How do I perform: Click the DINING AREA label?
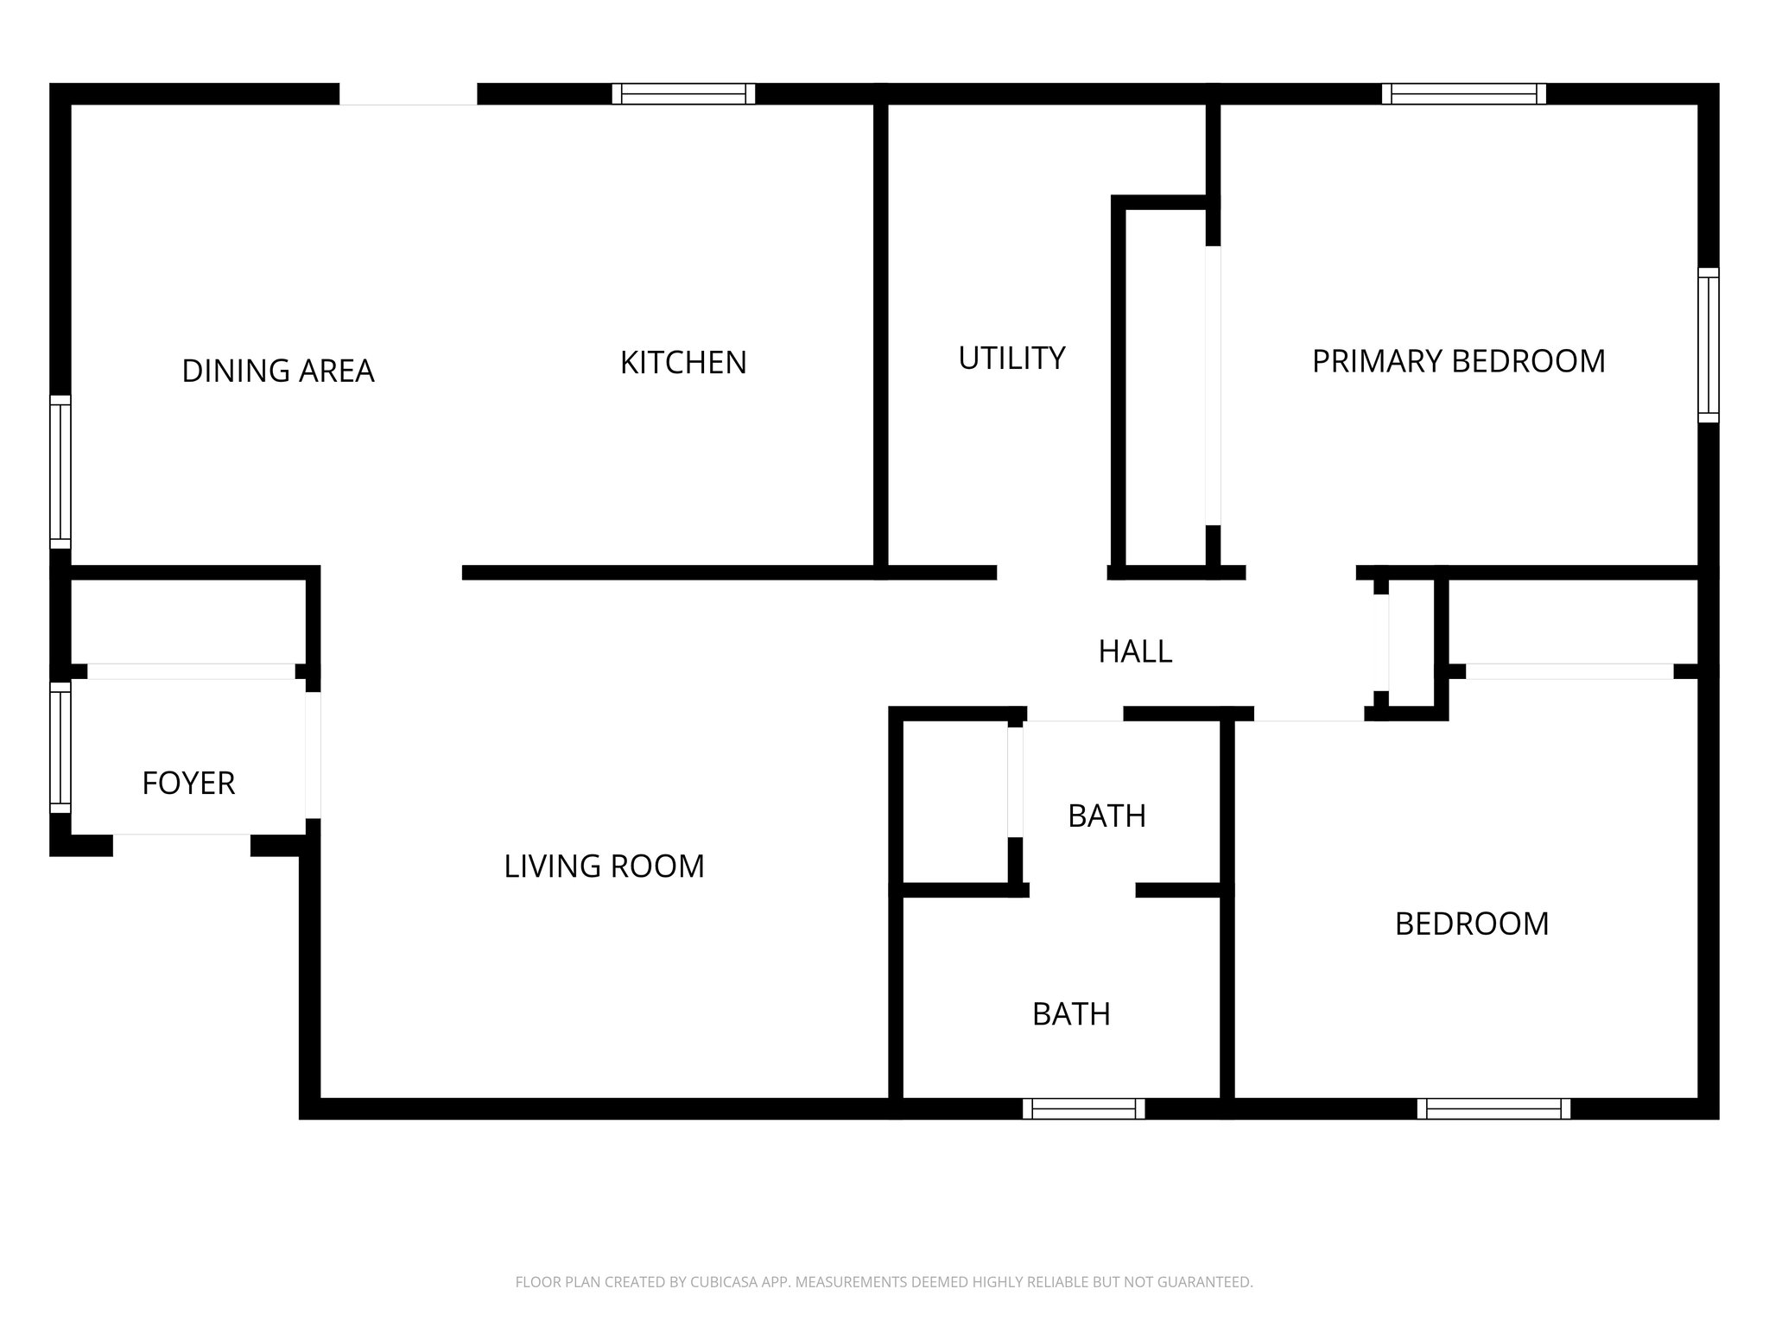(277, 371)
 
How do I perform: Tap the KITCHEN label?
(683, 362)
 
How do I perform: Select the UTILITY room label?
(1011, 358)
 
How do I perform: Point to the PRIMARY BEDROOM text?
(1458, 361)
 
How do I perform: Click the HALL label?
(1135, 651)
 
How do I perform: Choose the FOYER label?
(188, 783)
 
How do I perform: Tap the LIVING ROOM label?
(604, 866)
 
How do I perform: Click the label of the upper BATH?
(1106, 816)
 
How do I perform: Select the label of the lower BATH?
(1071, 1013)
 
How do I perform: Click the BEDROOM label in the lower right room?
(1471, 924)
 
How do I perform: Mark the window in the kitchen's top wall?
(683, 94)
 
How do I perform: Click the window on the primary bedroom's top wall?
(1463, 94)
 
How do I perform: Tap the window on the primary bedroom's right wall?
(1708, 345)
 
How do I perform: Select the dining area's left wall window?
(60, 472)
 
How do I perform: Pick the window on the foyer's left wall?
(60, 747)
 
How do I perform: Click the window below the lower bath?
(1083, 1108)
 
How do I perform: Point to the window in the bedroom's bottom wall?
(1493, 1108)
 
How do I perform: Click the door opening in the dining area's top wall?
(408, 94)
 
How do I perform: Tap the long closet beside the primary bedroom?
(1165, 386)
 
